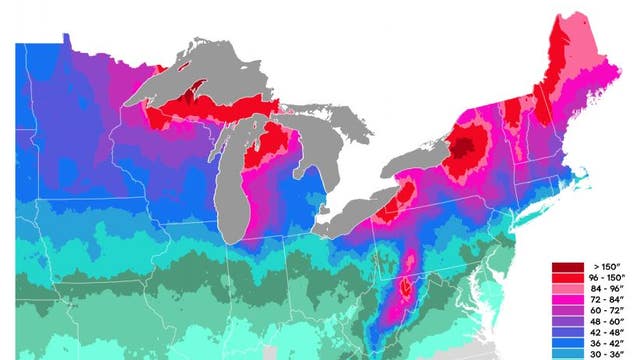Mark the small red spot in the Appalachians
pyautogui.click(x=405, y=289)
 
